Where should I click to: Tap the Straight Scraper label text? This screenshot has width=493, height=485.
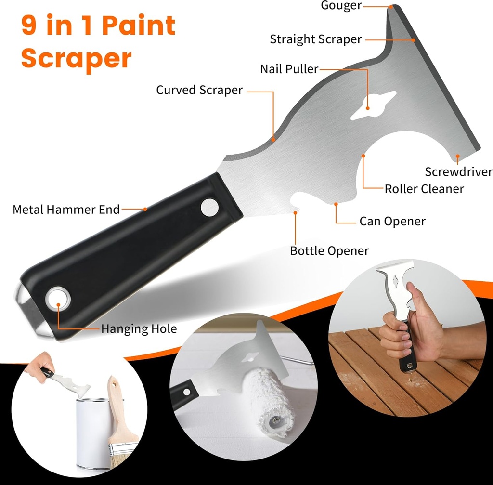point(315,39)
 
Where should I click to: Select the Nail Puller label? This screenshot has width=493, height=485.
point(289,69)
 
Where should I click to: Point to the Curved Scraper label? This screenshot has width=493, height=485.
point(199,90)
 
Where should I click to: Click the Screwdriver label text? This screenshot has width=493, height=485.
point(458,172)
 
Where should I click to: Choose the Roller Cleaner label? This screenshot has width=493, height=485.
point(424,189)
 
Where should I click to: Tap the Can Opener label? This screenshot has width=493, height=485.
point(392,222)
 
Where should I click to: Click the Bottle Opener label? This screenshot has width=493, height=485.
point(329,251)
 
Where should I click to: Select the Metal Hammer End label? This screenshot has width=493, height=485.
point(66,210)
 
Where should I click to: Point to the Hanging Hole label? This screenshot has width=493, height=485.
point(139,329)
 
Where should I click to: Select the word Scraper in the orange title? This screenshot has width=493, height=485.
point(76,58)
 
